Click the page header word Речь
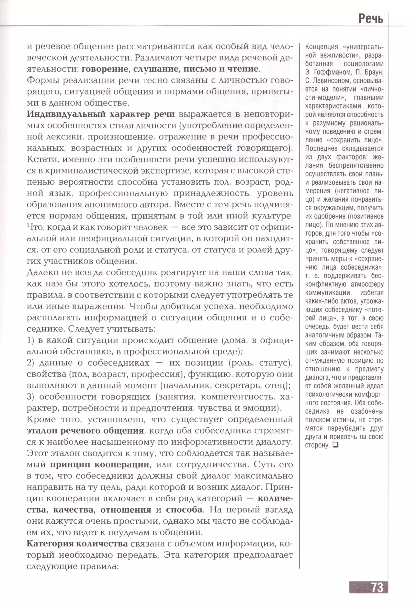click(371, 19)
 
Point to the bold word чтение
click(243, 69)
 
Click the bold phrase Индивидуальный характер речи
click(101, 114)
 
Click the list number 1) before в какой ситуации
click(31, 340)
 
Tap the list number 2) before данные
click(31, 363)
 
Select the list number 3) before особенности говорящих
click(31, 397)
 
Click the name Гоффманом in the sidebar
click(332, 72)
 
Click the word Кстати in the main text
click(42, 160)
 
